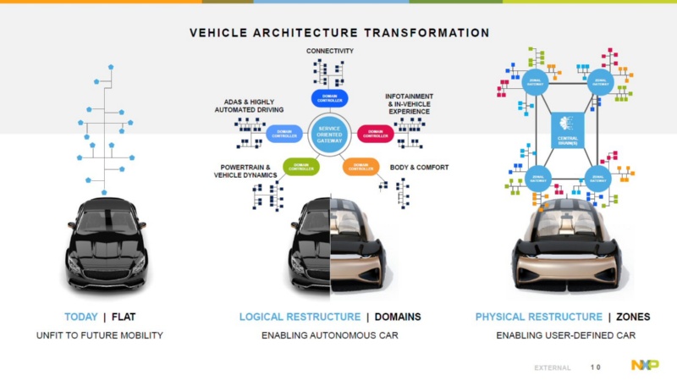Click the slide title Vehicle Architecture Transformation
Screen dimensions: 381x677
coord(338,33)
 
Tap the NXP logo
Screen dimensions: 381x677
coord(645,365)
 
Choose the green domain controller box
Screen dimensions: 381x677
coord(300,166)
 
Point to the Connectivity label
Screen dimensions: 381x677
coord(329,52)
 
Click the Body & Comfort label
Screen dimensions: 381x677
coord(419,167)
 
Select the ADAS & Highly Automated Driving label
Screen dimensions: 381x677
coord(248,105)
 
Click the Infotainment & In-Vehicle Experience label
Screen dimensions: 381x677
coord(407,102)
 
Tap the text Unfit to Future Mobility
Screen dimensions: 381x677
coord(99,335)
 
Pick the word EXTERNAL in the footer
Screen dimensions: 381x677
coord(553,367)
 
